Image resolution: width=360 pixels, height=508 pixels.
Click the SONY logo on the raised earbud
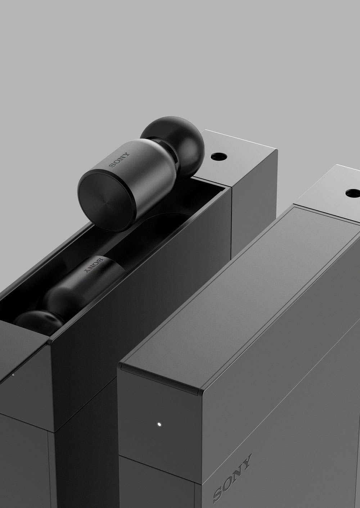119,160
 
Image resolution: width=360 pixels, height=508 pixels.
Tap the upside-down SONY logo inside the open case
94,266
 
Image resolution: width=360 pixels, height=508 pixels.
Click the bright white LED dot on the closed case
159,424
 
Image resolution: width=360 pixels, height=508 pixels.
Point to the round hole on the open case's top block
219,156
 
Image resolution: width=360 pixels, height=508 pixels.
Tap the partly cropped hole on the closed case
353,193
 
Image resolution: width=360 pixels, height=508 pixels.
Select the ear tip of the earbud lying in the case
39,319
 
